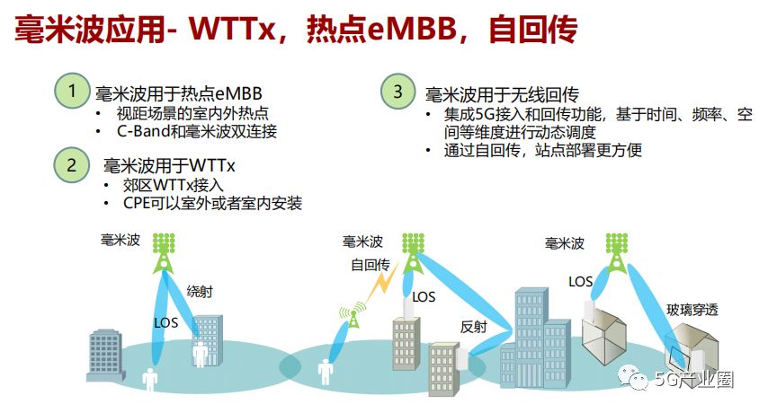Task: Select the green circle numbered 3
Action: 397,91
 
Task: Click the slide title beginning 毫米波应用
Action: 297,31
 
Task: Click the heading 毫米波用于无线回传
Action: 501,93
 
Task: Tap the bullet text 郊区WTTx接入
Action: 171,185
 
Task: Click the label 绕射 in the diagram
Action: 200,292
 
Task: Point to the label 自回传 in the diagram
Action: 370,266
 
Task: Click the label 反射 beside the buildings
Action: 473,326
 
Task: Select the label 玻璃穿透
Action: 693,311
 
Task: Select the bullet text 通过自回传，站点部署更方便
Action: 543,151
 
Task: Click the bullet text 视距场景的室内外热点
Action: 192,114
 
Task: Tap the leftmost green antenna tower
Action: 164,252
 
